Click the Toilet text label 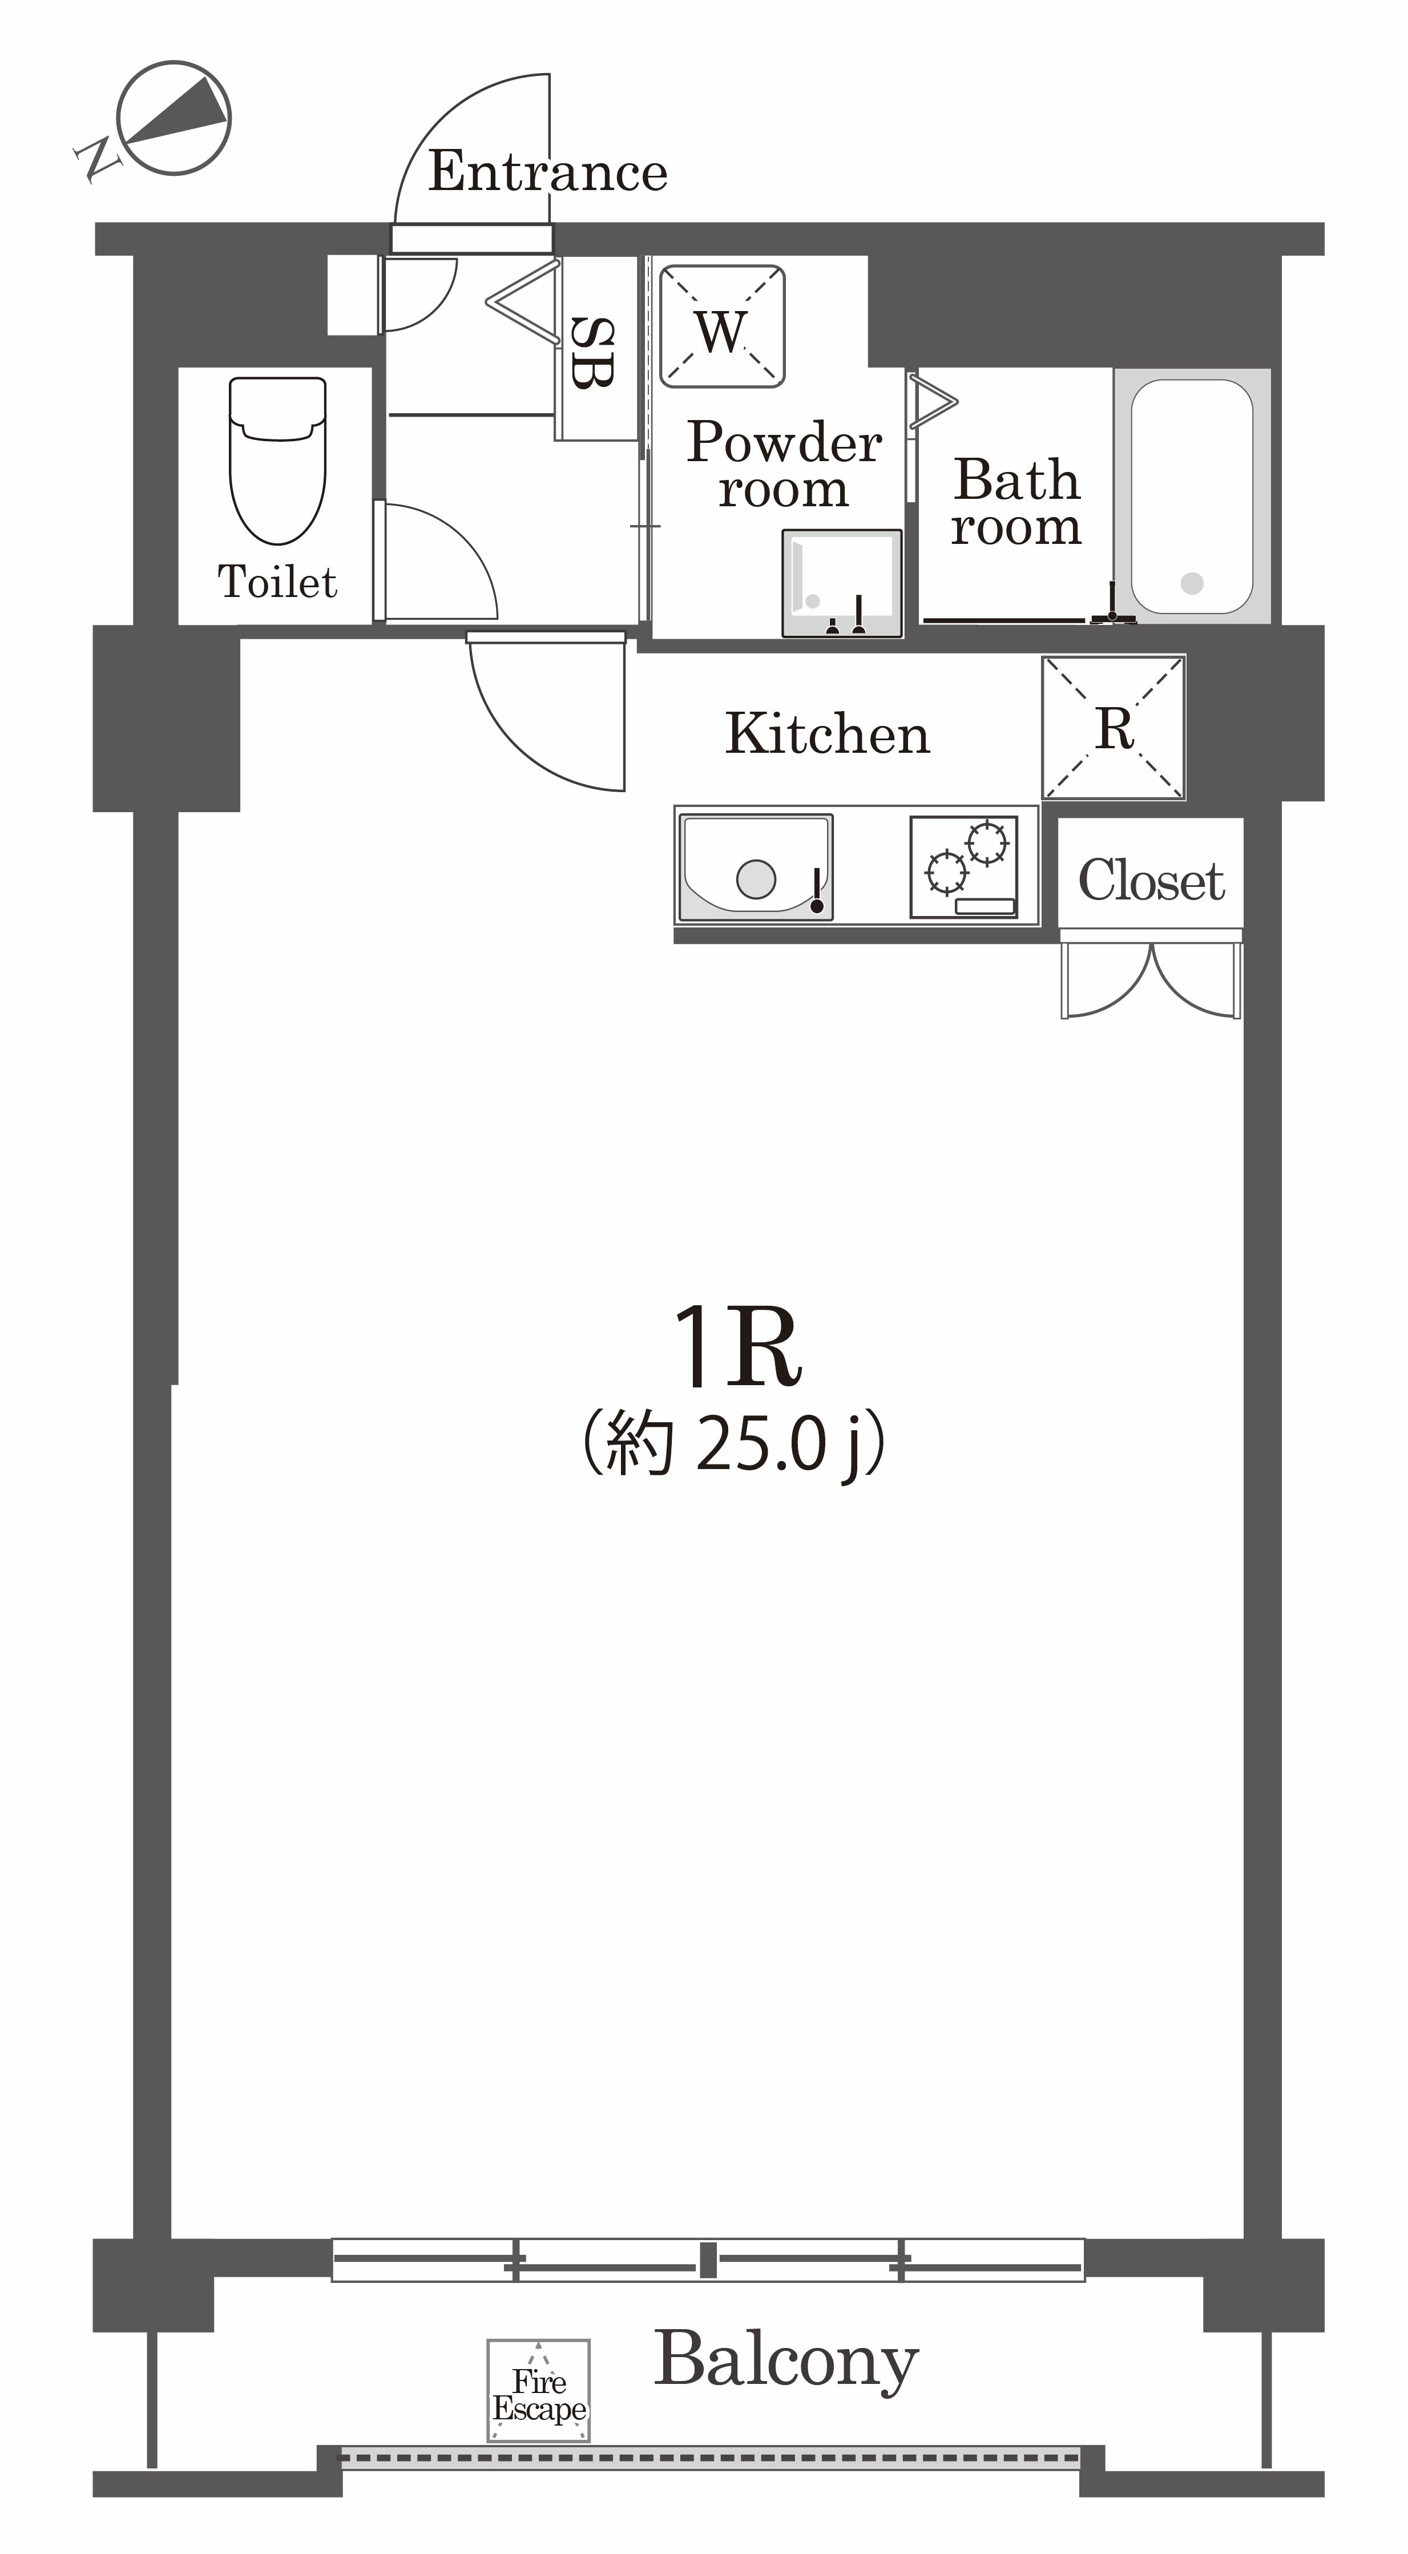coord(277,582)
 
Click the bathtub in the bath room coord(1192,497)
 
